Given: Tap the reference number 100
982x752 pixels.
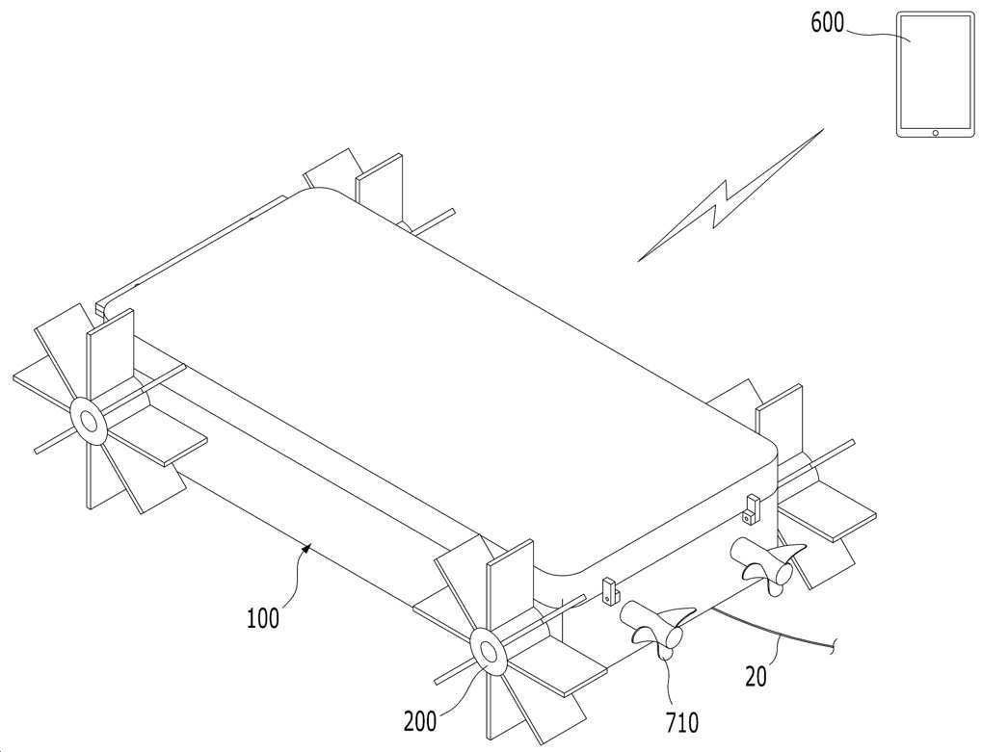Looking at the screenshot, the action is point(263,619).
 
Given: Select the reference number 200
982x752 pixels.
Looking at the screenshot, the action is point(419,721).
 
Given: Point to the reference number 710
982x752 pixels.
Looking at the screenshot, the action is point(682,723).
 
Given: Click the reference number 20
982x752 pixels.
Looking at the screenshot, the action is point(756,676).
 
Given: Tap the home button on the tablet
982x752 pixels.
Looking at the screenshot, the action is point(936,133).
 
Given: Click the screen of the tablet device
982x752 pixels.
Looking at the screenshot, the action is point(936,70).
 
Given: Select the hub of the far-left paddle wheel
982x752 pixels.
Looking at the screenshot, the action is point(88,421).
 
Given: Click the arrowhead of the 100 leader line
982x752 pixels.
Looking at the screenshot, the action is point(306,549).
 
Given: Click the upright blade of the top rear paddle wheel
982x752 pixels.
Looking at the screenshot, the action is point(379,181).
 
